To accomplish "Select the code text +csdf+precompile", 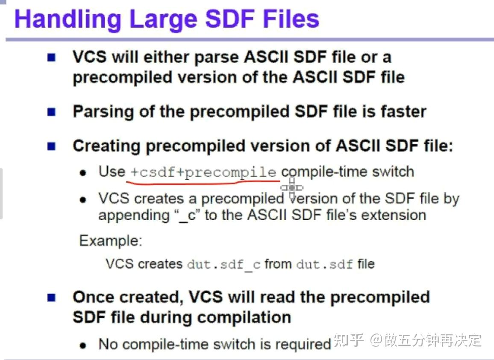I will [203, 172].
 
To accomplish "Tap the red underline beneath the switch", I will [201, 183].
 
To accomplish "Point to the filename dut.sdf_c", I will [223, 264].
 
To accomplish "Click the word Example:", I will [110, 240].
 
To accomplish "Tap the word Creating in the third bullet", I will [106, 146].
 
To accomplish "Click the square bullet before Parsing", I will [51, 112].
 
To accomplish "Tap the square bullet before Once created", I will [51, 297].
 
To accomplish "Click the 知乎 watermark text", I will [348, 340].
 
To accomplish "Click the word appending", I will [134, 215].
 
